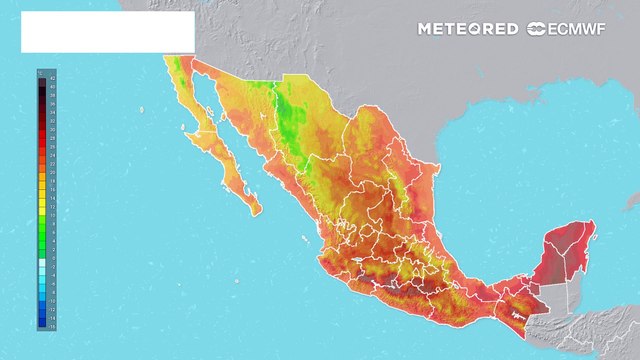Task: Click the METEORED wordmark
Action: [468, 29]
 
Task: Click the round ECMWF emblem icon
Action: [536, 29]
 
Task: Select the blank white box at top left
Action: [107, 32]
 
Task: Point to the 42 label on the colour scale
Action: [52, 77]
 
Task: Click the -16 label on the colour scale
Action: [52, 326]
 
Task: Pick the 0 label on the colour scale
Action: [52, 258]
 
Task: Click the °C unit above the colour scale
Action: [40, 72]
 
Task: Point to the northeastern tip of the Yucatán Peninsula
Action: [591, 224]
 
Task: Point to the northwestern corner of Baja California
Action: [165, 60]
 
